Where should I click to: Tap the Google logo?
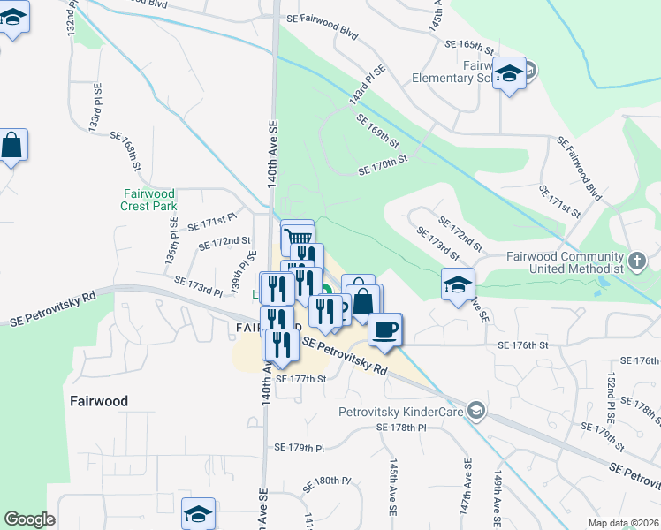[29, 519]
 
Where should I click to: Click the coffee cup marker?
[384, 330]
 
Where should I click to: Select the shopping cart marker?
[298, 237]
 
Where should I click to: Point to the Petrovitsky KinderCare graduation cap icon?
[476, 410]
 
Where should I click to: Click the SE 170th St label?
[382, 165]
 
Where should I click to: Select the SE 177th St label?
[301, 379]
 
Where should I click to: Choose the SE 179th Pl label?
[300, 448]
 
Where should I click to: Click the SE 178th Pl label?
[401, 427]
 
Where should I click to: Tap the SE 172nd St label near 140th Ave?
[224, 241]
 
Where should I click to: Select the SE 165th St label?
[468, 44]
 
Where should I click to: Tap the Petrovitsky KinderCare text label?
[402, 411]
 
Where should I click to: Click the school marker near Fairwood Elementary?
[510, 73]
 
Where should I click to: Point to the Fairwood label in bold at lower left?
[98, 401]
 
